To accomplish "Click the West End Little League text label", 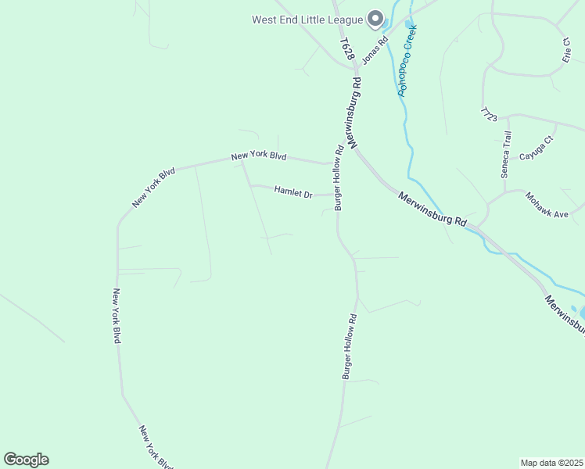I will click(307, 20).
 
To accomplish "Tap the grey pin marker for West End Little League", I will click(375, 18).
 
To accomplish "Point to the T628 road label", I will click(347, 49).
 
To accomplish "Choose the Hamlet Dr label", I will click(293, 192).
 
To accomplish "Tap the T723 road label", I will click(490, 113).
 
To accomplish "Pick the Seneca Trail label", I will click(506, 155).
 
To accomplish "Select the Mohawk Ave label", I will click(546, 205).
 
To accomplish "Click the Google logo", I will click(26, 460).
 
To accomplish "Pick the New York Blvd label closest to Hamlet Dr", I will click(259, 156).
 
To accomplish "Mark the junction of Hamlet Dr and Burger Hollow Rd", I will click(337, 195).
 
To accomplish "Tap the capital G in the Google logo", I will click(10, 460).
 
